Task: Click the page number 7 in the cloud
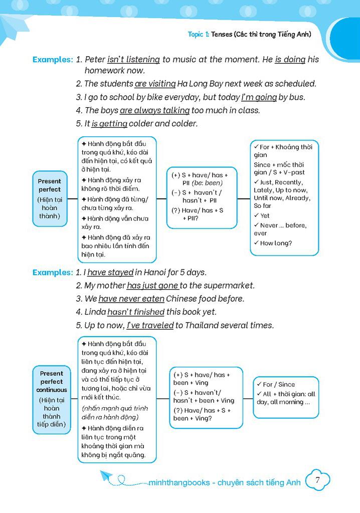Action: point(318,480)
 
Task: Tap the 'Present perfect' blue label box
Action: point(50,198)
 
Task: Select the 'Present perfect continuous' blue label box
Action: point(52,399)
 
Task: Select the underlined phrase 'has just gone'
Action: point(152,286)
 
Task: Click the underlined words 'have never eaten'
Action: point(131,299)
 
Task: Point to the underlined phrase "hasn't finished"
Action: point(136,312)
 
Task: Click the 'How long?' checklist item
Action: point(275,243)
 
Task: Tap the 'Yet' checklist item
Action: point(264,216)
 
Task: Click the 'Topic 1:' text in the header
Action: point(199,35)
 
